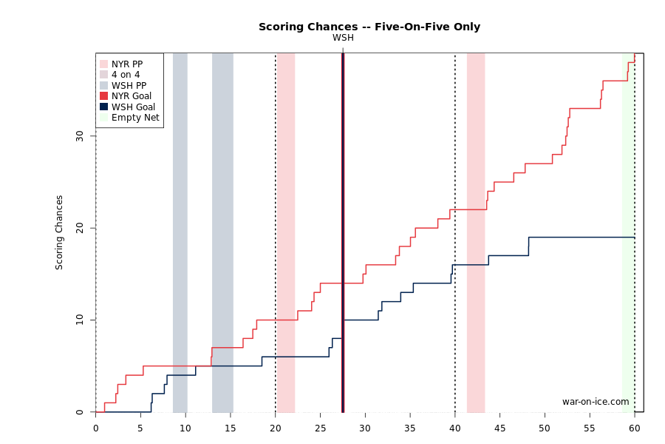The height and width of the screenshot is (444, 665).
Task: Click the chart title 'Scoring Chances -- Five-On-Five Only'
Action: (x=369, y=27)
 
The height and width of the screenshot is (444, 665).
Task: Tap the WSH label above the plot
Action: (x=343, y=38)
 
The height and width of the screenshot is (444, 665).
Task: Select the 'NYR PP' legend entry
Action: (x=122, y=64)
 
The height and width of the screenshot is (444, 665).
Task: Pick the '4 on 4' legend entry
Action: (x=120, y=75)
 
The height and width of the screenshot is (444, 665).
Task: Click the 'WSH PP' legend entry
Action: (x=123, y=85)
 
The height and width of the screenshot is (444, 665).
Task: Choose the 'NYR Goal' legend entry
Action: (x=126, y=96)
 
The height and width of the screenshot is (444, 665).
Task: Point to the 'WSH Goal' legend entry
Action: (x=127, y=107)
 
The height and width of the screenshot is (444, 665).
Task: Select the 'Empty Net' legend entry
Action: (x=129, y=117)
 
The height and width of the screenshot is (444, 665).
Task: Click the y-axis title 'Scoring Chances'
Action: (x=59, y=232)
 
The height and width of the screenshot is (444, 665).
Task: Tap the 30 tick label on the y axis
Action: (x=79, y=136)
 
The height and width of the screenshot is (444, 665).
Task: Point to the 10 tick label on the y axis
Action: (x=79, y=320)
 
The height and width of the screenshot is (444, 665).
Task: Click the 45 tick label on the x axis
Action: (x=499, y=428)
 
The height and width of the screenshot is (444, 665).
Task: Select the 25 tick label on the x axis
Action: (x=320, y=428)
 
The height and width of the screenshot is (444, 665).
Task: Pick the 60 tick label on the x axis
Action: (x=635, y=428)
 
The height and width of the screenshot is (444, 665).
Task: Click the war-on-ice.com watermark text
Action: (x=596, y=402)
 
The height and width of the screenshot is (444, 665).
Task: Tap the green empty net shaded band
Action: (x=628, y=232)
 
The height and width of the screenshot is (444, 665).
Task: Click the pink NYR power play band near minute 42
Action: (x=476, y=232)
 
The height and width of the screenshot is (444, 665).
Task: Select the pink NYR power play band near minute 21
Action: (x=286, y=232)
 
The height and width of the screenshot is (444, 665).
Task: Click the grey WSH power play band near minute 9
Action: (x=180, y=232)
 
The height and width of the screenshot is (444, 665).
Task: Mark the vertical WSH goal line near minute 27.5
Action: (x=343, y=232)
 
